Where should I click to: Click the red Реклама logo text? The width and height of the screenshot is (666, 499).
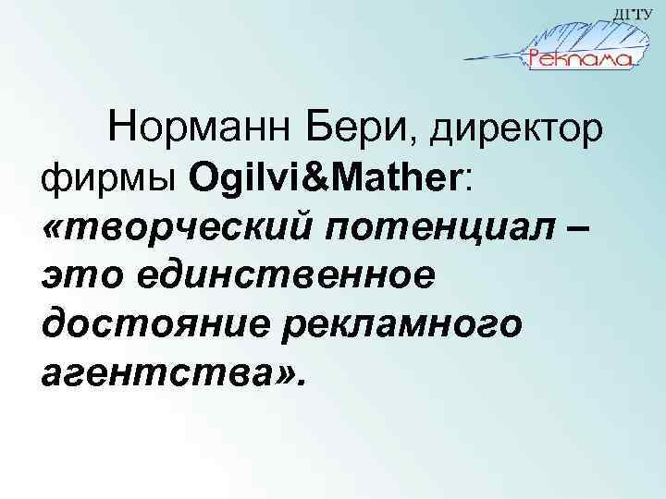579,58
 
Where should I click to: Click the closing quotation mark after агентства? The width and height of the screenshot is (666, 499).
281,373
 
